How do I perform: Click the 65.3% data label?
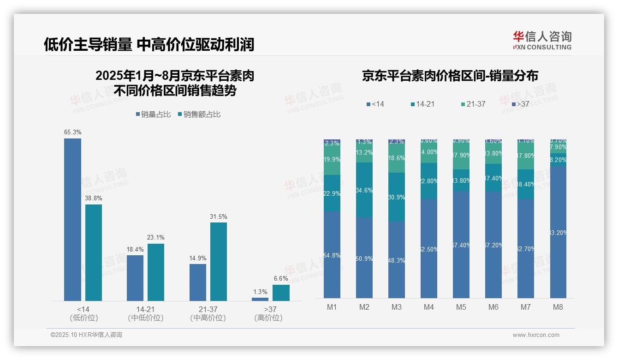click(73, 132)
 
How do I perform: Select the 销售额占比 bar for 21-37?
click(219, 262)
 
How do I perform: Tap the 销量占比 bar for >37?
click(260, 299)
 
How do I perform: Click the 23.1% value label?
click(156, 237)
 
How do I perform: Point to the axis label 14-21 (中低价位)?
click(146, 313)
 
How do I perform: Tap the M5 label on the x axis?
click(461, 307)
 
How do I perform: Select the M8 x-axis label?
click(558, 307)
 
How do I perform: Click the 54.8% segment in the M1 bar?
click(332, 255)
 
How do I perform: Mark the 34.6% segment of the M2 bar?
click(364, 190)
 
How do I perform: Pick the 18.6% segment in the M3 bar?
click(397, 158)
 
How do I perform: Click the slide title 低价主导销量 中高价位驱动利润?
click(149, 44)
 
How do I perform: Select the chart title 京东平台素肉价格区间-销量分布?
click(450, 76)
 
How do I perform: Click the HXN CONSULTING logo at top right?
click(542, 40)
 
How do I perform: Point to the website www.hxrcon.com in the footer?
click(536, 335)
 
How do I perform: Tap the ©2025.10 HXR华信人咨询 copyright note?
click(86, 335)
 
